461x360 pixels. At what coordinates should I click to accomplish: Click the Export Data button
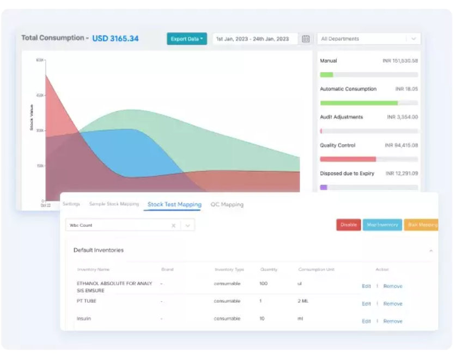click(x=186, y=39)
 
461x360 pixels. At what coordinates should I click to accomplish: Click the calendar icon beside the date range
click(x=306, y=39)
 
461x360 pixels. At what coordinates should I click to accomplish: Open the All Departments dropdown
click(x=369, y=39)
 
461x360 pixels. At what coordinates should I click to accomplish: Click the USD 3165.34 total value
click(x=115, y=38)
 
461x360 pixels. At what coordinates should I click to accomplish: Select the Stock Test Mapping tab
click(x=174, y=205)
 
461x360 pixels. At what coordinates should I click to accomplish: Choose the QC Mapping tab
click(x=227, y=205)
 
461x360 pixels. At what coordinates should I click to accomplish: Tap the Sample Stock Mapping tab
click(x=114, y=204)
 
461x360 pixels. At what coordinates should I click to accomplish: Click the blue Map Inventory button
click(x=382, y=225)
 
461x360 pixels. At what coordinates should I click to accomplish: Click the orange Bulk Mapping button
click(x=422, y=225)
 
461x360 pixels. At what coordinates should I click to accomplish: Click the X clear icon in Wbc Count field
click(x=173, y=225)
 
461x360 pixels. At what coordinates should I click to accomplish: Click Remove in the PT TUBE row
click(x=392, y=304)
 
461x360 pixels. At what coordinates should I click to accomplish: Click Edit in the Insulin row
click(x=366, y=321)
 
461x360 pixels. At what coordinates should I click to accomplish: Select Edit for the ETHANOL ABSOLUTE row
click(x=366, y=286)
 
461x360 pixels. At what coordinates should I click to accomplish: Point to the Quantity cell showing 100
click(x=264, y=284)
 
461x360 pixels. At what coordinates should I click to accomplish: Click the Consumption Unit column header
click(x=316, y=269)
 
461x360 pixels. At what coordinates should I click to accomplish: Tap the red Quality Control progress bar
click(x=348, y=159)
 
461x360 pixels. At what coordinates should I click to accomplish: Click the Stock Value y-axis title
click(x=32, y=117)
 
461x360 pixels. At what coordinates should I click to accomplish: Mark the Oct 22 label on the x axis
click(x=45, y=206)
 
